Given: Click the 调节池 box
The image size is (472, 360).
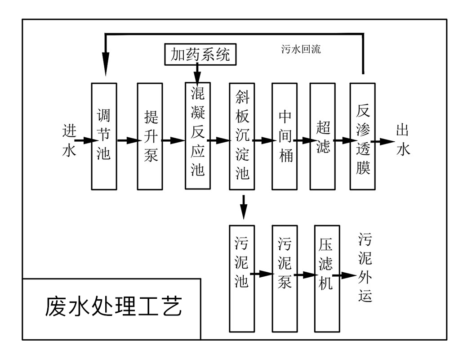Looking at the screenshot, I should pos(104,136).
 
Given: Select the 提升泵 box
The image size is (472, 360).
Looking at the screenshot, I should pos(150,136).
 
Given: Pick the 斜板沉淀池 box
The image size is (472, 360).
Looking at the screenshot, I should pos(242,136).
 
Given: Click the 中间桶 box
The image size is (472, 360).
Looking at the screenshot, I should pos(285,136).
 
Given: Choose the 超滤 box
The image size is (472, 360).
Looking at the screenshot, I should pos(322,136).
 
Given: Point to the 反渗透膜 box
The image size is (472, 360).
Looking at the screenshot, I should pos(363,136).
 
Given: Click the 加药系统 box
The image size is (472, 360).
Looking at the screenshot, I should pos(200,54).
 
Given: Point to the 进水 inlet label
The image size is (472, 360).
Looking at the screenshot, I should pos(69,141).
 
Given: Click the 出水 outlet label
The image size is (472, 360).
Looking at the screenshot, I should pos(403,141).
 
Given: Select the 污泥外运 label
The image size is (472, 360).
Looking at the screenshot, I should pos(365,268).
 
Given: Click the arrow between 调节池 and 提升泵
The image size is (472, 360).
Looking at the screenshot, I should pos(127,140).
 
